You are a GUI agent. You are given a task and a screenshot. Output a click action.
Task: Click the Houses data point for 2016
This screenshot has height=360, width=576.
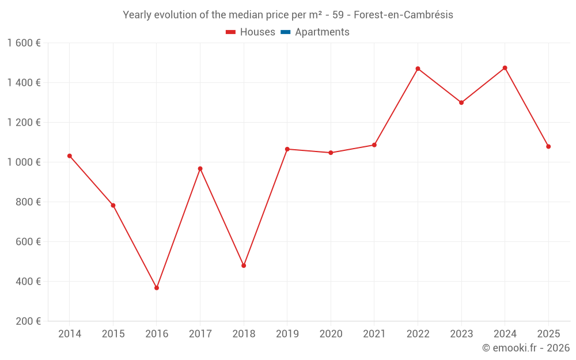pyautogui.click(x=157, y=288)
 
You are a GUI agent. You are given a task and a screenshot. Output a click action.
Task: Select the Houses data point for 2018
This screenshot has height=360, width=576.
pyautogui.click(x=244, y=266)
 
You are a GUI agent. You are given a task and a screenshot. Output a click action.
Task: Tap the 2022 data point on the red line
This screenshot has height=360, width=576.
pyautogui.click(x=418, y=69)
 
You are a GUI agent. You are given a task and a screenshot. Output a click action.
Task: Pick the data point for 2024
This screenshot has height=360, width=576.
pyautogui.click(x=505, y=68)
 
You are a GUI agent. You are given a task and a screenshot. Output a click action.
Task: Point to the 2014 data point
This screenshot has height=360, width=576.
pyautogui.click(x=70, y=156)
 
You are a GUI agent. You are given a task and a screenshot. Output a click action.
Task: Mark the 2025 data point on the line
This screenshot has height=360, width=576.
pyautogui.click(x=548, y=146)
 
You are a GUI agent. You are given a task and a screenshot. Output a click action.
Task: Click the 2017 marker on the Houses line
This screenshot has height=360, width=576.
pyautogui.click(x=200, y=169)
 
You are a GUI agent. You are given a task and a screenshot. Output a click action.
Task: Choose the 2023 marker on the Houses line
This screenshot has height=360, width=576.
pyautogui.click(x=461, y=103)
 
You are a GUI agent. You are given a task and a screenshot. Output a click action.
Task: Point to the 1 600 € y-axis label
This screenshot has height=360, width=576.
pyautogui.click(x=24, y=43)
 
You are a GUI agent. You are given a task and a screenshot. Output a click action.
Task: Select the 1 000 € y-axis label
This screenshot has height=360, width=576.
pyautogui.click(x=24, y=162)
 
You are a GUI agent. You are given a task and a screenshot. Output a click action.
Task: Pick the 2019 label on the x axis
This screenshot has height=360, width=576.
pyautogui.click(x=287, y=334)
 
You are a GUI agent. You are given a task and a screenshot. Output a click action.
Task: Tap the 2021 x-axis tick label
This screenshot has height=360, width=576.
pyautogui.click(x=374, y=334)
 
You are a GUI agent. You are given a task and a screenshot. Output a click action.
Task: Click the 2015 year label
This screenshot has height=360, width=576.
pyautogui.click(x=113, y=334)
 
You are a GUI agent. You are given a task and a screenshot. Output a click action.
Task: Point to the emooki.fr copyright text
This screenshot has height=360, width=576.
pyautogui.click(x=526, y=348)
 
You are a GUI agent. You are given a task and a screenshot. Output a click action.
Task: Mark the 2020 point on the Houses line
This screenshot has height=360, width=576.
pyautogui.click(x=331, y=153)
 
